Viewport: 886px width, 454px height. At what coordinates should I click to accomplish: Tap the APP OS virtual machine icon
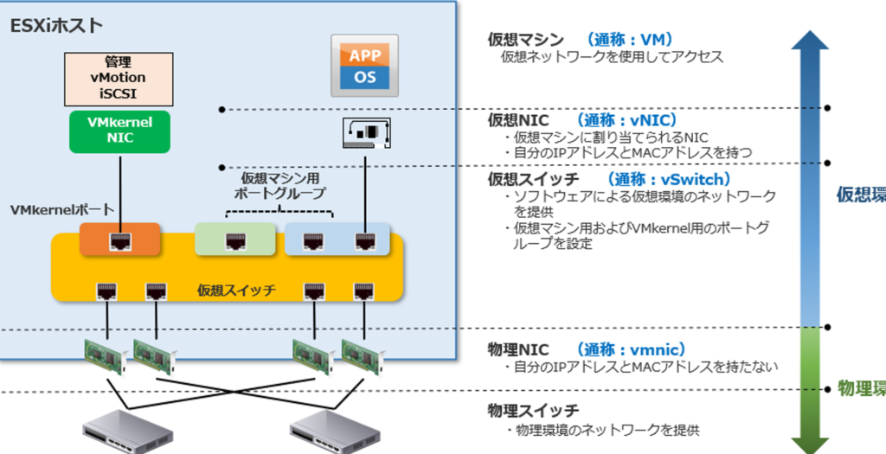click(x=364, y=66)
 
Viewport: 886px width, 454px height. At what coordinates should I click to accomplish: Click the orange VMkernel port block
click(x=119, y=240)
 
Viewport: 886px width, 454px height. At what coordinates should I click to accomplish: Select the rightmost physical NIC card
click(x=363, y=355)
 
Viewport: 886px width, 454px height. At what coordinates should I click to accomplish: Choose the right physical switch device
click(x=337, y=432)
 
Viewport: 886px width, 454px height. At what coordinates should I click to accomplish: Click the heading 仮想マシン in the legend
click(x=525, y=39)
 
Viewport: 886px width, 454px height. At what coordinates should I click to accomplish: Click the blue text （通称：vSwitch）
click(x=668, y=179)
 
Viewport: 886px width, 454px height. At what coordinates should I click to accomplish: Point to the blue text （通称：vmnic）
click(x=630, y=349)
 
